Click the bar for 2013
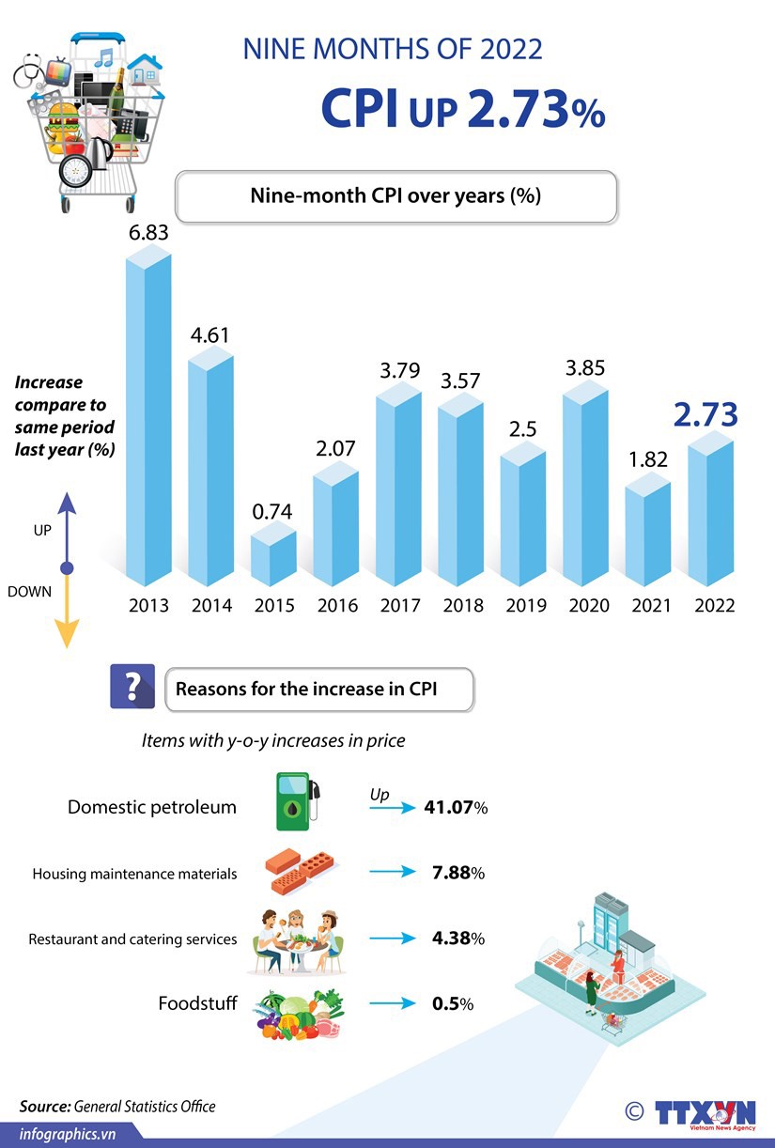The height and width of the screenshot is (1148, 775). pos(149,423)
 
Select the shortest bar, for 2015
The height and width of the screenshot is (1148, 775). pos(273,559)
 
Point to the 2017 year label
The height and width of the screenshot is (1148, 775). pos(400,606)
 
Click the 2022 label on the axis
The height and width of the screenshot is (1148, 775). pos(714,606)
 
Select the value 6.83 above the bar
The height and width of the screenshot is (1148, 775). pos(148,232)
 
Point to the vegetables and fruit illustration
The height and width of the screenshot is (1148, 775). pos(300,1014)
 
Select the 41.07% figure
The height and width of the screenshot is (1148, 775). pos(455,808)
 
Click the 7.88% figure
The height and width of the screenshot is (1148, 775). pos(457,873)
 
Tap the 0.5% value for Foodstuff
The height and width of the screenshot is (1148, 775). pos(452,1003)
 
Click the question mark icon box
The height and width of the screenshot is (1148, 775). pos(132,686)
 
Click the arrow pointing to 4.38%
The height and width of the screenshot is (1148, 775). pos(392,939)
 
